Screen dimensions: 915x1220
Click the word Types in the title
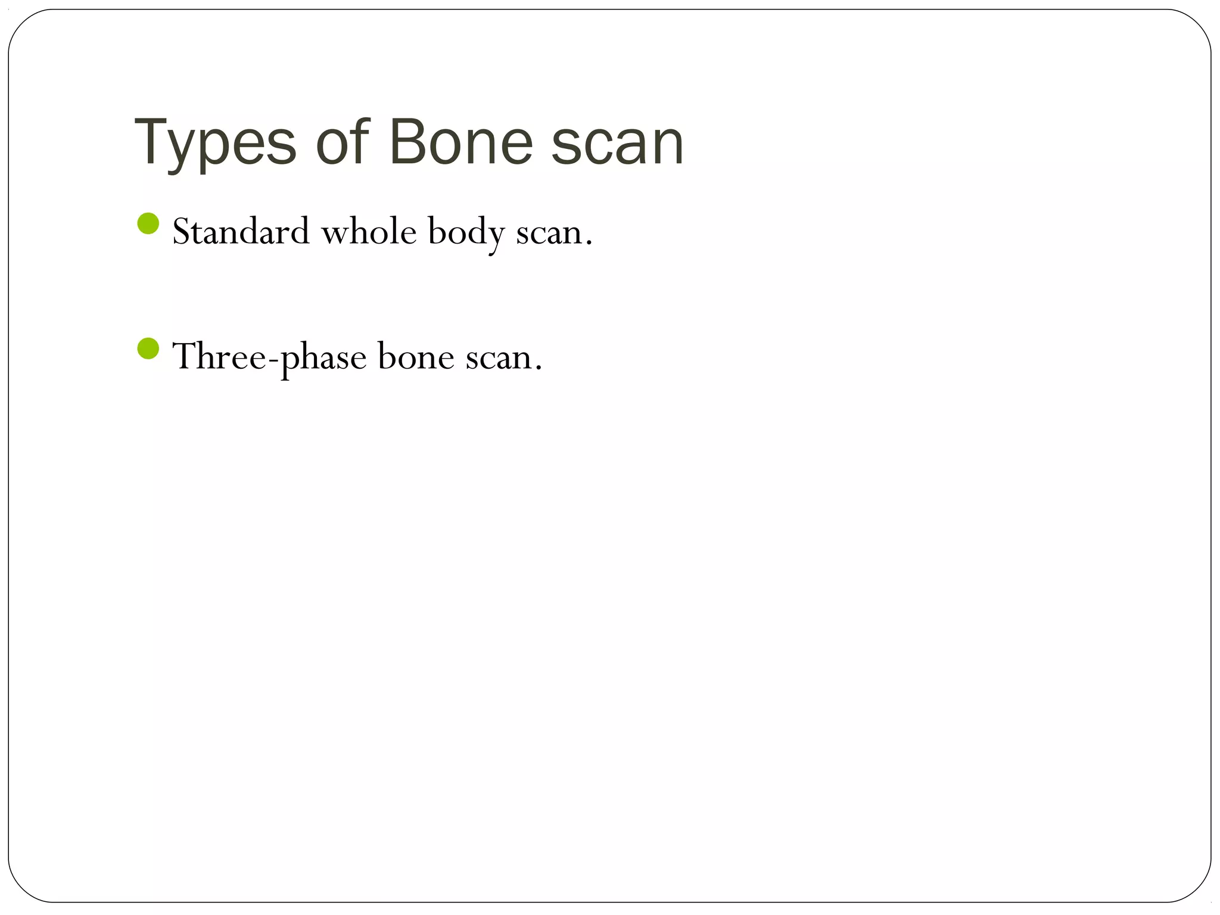(x=215, y=143)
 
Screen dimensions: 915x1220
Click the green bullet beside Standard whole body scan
(x=148, y=224)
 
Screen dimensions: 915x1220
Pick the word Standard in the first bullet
(x=241, y=231)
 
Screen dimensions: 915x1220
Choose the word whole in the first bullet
(x=369, y=231)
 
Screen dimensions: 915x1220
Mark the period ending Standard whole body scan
(x=589, y=242)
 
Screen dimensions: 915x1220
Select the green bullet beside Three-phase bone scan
(x=148, y=349)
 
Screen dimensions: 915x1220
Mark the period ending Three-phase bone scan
(x=539, y=368)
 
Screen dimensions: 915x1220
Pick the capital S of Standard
(x=183, y=231)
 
